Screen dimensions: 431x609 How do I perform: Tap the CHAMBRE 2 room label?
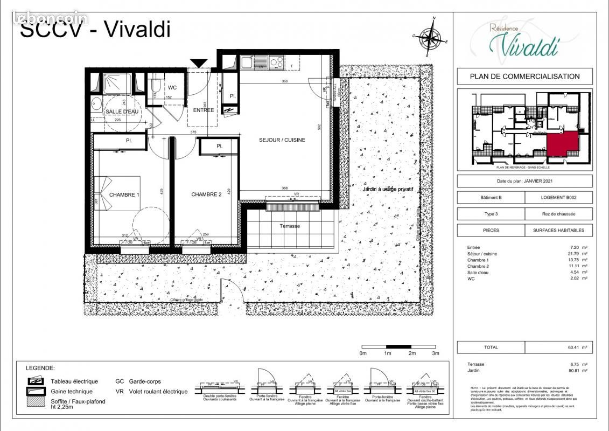(x=206, y=194)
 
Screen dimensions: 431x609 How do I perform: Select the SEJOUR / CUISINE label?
(x=282, y=140)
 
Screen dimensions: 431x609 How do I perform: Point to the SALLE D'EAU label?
(x=122, y=112)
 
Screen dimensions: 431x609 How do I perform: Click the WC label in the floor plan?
(x=172, y=87)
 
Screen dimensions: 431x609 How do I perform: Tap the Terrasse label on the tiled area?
(x=290, y=226)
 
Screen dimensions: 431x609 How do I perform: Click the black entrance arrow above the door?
(x=199, y=63)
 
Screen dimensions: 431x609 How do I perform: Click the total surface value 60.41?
(x=572, y=347)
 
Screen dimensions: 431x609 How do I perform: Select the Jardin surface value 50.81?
(x=572, y=371)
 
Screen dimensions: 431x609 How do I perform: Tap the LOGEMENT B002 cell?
(x=558, y=198)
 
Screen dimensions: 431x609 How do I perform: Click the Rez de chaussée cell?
(x=558, y=214)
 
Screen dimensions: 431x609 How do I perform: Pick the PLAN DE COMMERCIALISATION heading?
(x=524, y=77)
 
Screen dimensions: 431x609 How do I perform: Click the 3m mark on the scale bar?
(x=436, y=353)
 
